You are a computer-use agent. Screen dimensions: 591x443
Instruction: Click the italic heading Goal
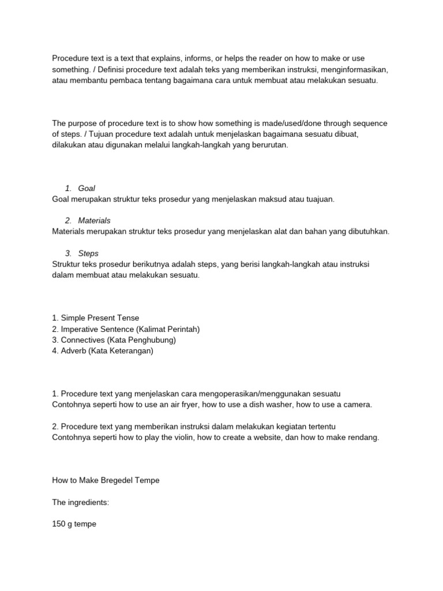pyautogui.click(x=87, y=188)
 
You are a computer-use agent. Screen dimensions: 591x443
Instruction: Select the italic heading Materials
pyautogui.click(x=94, y=220)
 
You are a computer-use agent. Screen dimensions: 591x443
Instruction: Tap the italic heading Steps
pyautogui.click(x=88, y=253)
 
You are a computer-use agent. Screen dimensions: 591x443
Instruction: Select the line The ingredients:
pyautogui.click(x=81, y=503)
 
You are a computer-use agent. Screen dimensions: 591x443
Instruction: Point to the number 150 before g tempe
pyautogui.click(x=59, y=525)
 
